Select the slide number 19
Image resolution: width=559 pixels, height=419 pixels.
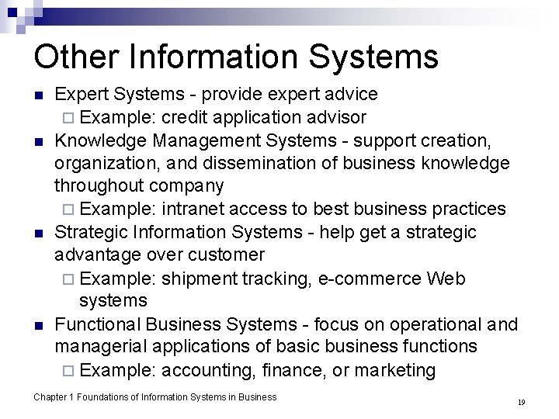pos(521,403)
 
